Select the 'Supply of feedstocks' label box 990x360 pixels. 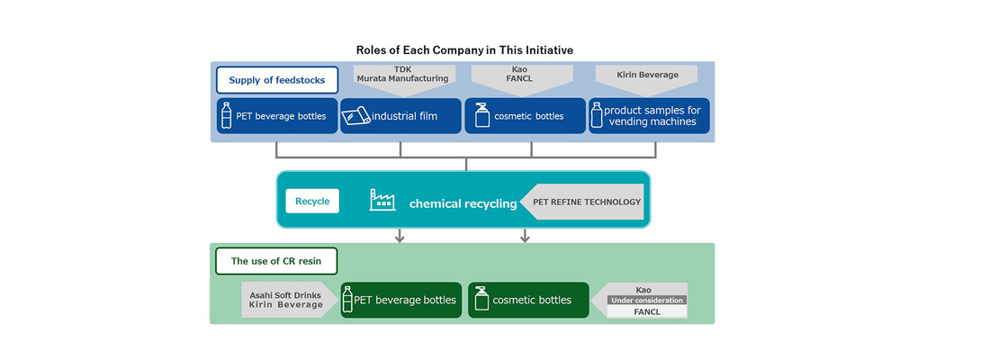click(276, 80)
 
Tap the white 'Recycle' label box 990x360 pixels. click(312, 201)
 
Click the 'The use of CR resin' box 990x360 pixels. click(276, 261)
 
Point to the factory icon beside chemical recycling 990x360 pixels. click(382, 200)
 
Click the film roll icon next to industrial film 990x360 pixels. click(355, 116)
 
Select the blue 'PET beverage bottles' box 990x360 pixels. click(276, 115)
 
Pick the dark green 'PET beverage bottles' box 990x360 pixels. click(400, 300)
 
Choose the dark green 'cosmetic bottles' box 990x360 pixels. click(528, 300)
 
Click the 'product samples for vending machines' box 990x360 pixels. click(649, 115)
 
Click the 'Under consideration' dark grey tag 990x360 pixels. click(647, 300)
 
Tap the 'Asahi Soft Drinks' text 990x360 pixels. click(285, 294)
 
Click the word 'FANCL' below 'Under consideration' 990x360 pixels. click(646, 311)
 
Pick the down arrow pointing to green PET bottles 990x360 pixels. click(399, 235)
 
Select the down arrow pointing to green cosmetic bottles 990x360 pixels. click(524, 235)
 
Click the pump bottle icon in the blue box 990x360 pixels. click(482, 115)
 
